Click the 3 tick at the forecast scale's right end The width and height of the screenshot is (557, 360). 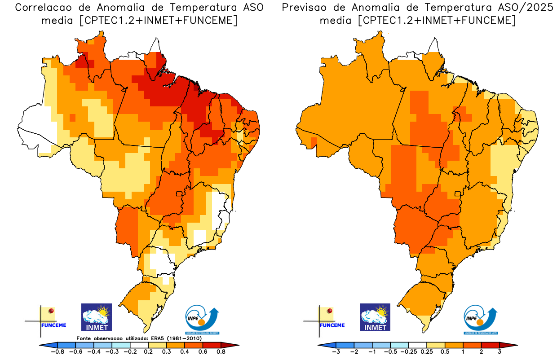500,352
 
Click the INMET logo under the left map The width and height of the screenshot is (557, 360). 96,317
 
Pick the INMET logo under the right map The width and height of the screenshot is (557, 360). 375,317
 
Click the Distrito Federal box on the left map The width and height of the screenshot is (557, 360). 180,194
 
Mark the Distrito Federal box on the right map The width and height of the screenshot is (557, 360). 458,194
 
